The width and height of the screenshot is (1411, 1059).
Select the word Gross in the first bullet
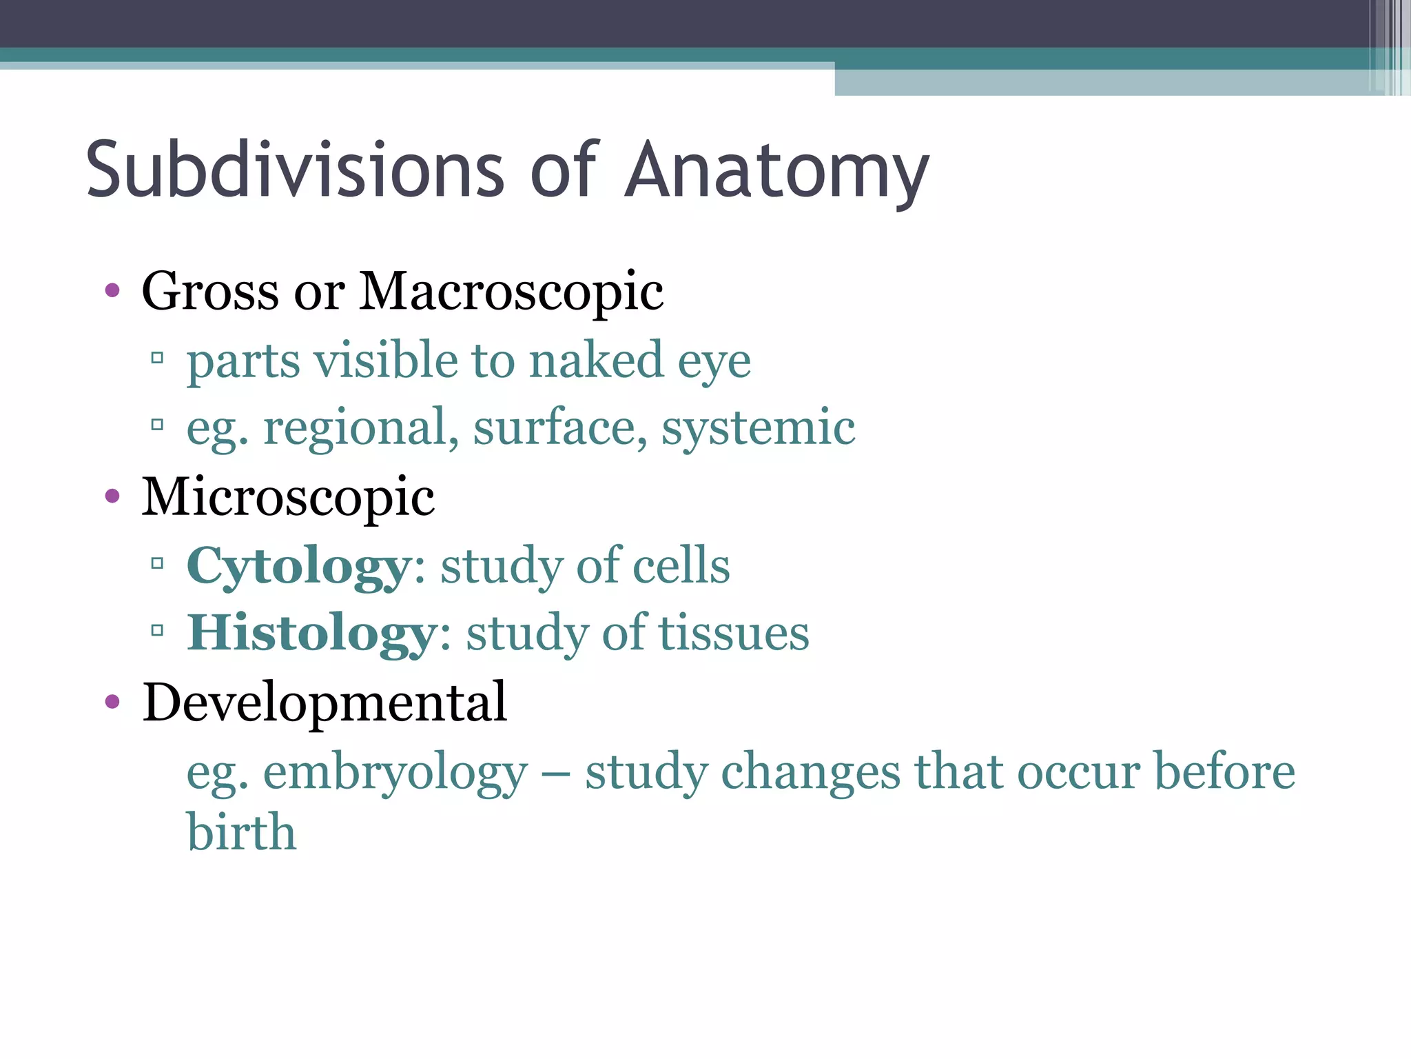pyautogui.click(x=210, y=292)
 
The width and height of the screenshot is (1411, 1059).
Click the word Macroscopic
pyautogui.click(x=511, y=292)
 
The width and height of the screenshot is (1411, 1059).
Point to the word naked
pyautogui.click(x=595, y=361)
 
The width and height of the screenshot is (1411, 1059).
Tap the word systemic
pyautogui.click(x=758, y=428)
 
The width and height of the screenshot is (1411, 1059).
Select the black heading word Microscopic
pyautogui.click(x=288, y=496)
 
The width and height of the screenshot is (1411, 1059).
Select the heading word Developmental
pyautogui.click(x=325, y=703)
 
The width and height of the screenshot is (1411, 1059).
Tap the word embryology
pyautogui.click(x=395, y=771)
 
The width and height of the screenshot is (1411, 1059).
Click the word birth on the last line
pyautogui.click(x=241, y=831)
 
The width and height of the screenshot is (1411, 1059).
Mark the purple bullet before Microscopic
pyautogui.click(x=112, y=496)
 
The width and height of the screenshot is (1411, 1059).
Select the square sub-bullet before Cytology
pyautogui.click(x=157, y=564)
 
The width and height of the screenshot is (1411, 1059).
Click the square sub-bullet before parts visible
pyautogui.click(x=157, y=358)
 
